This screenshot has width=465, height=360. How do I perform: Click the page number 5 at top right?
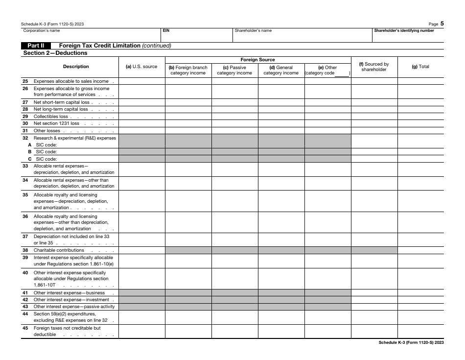pos(442,23)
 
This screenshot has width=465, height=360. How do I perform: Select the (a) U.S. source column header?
pos(141,67)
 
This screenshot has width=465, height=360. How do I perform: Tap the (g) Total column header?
pos(420,67)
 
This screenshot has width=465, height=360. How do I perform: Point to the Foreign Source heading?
pos(257,60)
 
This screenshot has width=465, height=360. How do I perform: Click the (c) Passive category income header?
pos(234,70)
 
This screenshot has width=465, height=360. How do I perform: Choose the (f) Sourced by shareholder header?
pos(374,67)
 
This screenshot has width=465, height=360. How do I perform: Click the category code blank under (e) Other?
pos(342,73)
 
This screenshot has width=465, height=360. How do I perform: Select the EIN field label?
pos(166,30)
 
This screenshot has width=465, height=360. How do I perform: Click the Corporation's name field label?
pos(42,30)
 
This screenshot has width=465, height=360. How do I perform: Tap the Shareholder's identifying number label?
pos(404,30)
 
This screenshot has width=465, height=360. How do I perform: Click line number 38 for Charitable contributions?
pos(25,250)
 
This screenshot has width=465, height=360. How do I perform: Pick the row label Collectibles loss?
pos(51,117)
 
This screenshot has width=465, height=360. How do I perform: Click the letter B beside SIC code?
pos(29,152)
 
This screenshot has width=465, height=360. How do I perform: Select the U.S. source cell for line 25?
pos(141,81)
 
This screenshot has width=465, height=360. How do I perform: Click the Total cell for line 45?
pos(420,331)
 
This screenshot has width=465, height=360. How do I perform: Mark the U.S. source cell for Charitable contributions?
pos(141,250)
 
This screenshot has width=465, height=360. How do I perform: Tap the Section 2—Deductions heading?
pos(55,53)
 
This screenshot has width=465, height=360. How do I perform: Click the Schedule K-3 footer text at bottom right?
pos(411,343)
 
